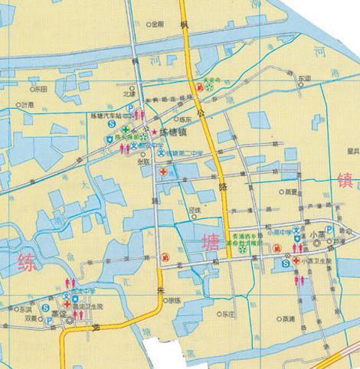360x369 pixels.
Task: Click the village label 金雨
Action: pyautogui.click(x=157, y=24)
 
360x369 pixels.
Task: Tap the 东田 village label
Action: pyautogui.click(x=39, y=90)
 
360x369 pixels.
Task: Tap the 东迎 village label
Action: pyautogui.click(x=305, y=79)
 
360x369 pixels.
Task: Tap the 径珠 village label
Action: pyautogui.click(x=195, y=210)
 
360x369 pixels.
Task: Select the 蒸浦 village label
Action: pyautogui.click(x=287, y=319)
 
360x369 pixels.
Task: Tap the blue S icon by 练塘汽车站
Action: pyautogui.click(x=111, y=123)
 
